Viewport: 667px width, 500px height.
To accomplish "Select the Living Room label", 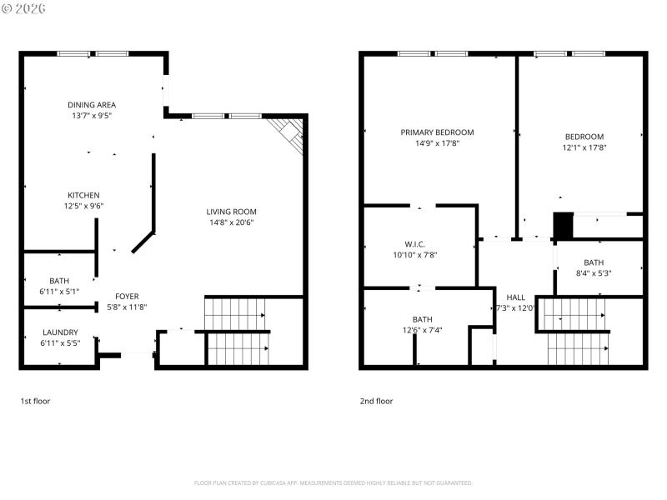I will point(232,212).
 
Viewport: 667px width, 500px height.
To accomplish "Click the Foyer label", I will point(127,297).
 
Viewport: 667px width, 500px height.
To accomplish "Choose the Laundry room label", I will point(60,332).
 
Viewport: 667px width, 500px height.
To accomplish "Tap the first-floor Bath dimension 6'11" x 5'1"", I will point(59,292).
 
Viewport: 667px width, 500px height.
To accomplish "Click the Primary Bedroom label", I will point(437,132).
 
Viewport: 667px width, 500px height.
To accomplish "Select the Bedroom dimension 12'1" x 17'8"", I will point(584,147).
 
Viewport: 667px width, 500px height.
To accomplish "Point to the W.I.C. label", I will point(414,244).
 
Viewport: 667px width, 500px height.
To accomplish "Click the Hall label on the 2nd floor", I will point(516,297).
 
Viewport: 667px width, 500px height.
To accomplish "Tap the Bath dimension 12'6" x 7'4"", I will point(422,330).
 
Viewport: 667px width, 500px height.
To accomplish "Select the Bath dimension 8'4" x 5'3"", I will point(594,272).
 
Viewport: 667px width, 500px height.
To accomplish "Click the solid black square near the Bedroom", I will point(564,226).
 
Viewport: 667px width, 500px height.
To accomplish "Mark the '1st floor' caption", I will point(35,401).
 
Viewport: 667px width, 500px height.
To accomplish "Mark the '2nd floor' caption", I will point(376,401).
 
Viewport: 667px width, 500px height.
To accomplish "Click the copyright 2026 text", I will point(24,8).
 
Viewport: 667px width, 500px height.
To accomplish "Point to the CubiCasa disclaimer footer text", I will point(333,482).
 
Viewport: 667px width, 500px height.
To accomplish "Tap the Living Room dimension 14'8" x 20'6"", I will point(232,222).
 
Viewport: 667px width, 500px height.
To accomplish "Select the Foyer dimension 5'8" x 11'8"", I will point(127,307).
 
